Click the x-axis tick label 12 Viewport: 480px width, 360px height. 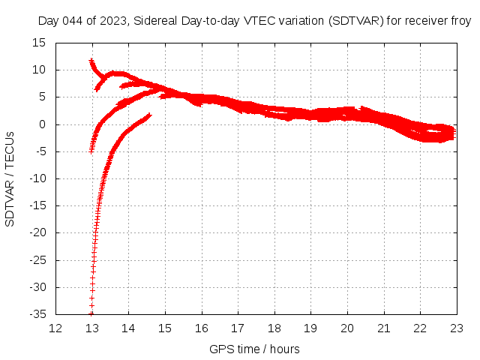(55, 328)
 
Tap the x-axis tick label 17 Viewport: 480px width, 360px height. (238, 328)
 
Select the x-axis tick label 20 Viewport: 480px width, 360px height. (347, 328)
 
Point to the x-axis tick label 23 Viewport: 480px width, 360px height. (457, 328)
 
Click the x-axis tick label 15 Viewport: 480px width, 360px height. (165, 328)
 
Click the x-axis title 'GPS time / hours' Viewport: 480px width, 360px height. (256, 349)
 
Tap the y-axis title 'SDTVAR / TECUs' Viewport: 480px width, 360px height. (10, 178)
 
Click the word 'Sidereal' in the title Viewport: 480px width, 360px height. (156, 22)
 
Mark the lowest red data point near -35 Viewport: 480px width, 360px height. (91, 313)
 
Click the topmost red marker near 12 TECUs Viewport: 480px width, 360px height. (91, 61)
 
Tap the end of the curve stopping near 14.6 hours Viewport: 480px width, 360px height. (149, 115)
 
